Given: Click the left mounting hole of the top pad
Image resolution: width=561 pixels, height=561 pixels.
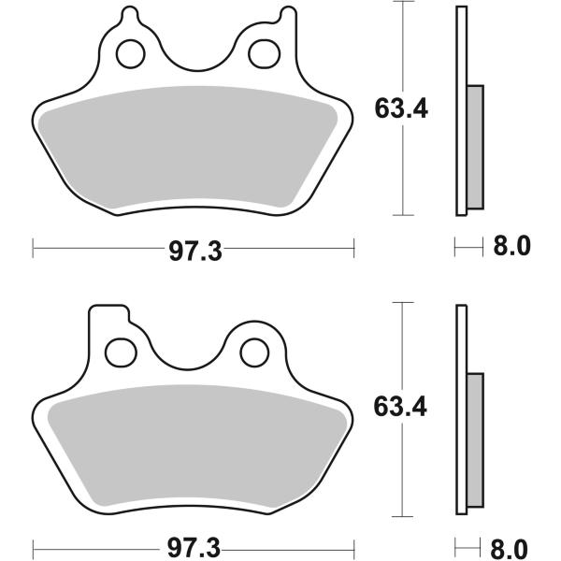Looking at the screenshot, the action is (x=131, y=53).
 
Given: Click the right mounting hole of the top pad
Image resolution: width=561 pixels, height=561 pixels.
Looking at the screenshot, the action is (x=264, y=54).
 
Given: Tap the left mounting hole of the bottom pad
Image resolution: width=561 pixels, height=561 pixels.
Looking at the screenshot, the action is (x=121, y=352).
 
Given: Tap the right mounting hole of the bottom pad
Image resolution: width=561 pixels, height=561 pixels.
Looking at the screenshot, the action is (x=254, y=352).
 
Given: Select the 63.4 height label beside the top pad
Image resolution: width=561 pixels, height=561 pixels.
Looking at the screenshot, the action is (x=401, y=108).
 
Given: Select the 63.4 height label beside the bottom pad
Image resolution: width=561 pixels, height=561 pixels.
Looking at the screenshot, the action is (x=400, y=407).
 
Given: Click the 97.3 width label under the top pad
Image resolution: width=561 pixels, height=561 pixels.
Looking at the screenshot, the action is (x=195, y=252).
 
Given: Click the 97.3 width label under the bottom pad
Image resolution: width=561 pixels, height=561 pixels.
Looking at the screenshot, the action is (x=194, y=548).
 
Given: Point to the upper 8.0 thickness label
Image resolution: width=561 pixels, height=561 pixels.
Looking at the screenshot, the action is (x=511, y=246).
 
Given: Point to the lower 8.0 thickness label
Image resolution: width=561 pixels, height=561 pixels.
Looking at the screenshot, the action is (x=510, y=548).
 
